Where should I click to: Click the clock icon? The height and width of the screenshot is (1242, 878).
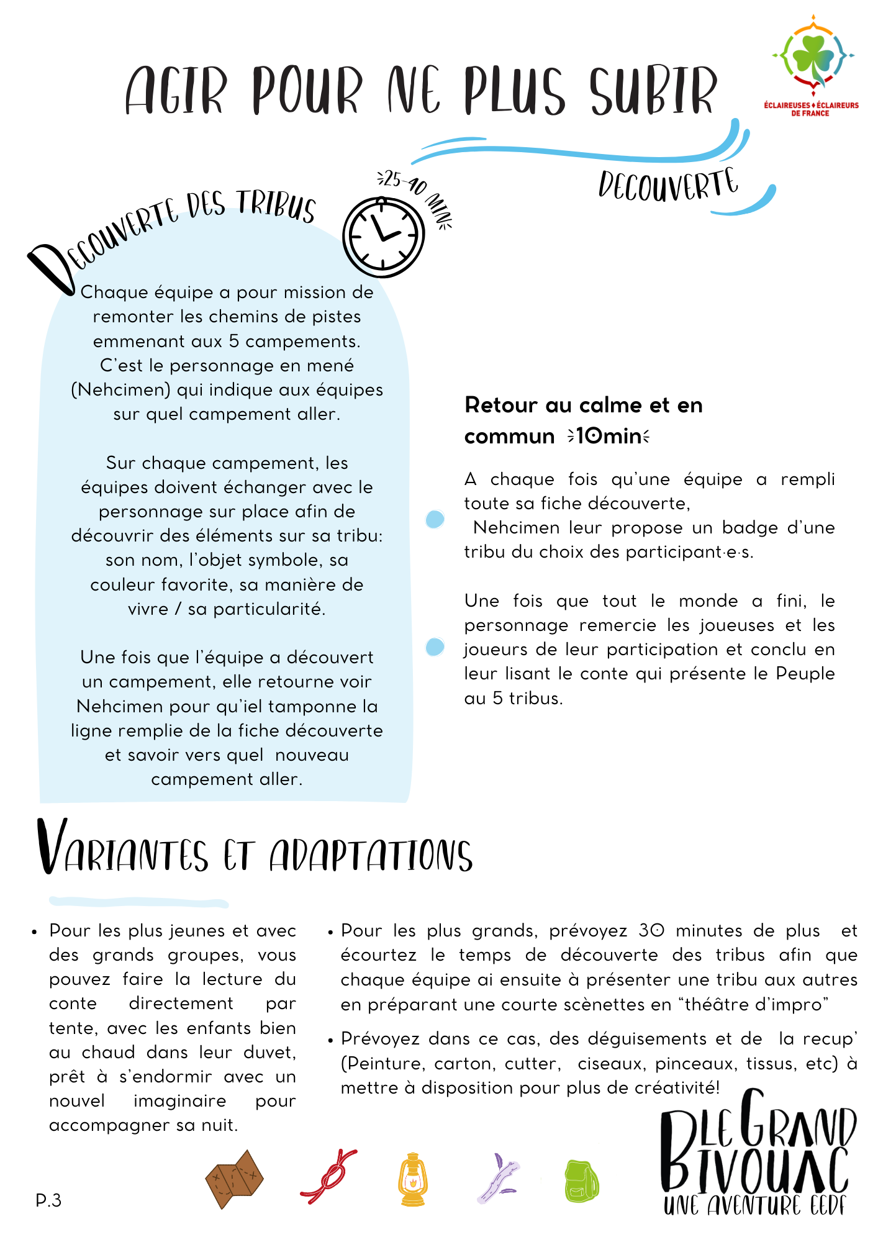[x=383, y=237]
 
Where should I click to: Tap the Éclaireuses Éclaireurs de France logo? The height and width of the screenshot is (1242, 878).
[x=812, y=65]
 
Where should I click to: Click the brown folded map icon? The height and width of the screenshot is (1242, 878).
[x=234, y=1179]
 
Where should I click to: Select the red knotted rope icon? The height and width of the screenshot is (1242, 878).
[x=328, y=1177]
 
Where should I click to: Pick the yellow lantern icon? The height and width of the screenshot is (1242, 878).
[x=412, y=1179]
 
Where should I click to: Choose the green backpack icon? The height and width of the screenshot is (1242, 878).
[x=581, y=1181]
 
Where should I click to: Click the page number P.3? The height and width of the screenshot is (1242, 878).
[x=48, y=1200]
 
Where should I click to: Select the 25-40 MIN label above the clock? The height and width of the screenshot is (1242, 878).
[x=415, y=196]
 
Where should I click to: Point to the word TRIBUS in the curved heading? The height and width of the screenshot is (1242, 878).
[x=276, y=204]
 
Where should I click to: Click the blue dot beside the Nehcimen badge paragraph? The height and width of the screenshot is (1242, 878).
[x=435, y=519]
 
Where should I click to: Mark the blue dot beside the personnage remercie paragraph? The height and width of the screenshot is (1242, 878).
[x=435, y=647]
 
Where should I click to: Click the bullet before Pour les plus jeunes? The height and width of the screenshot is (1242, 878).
[x=35, y=932]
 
